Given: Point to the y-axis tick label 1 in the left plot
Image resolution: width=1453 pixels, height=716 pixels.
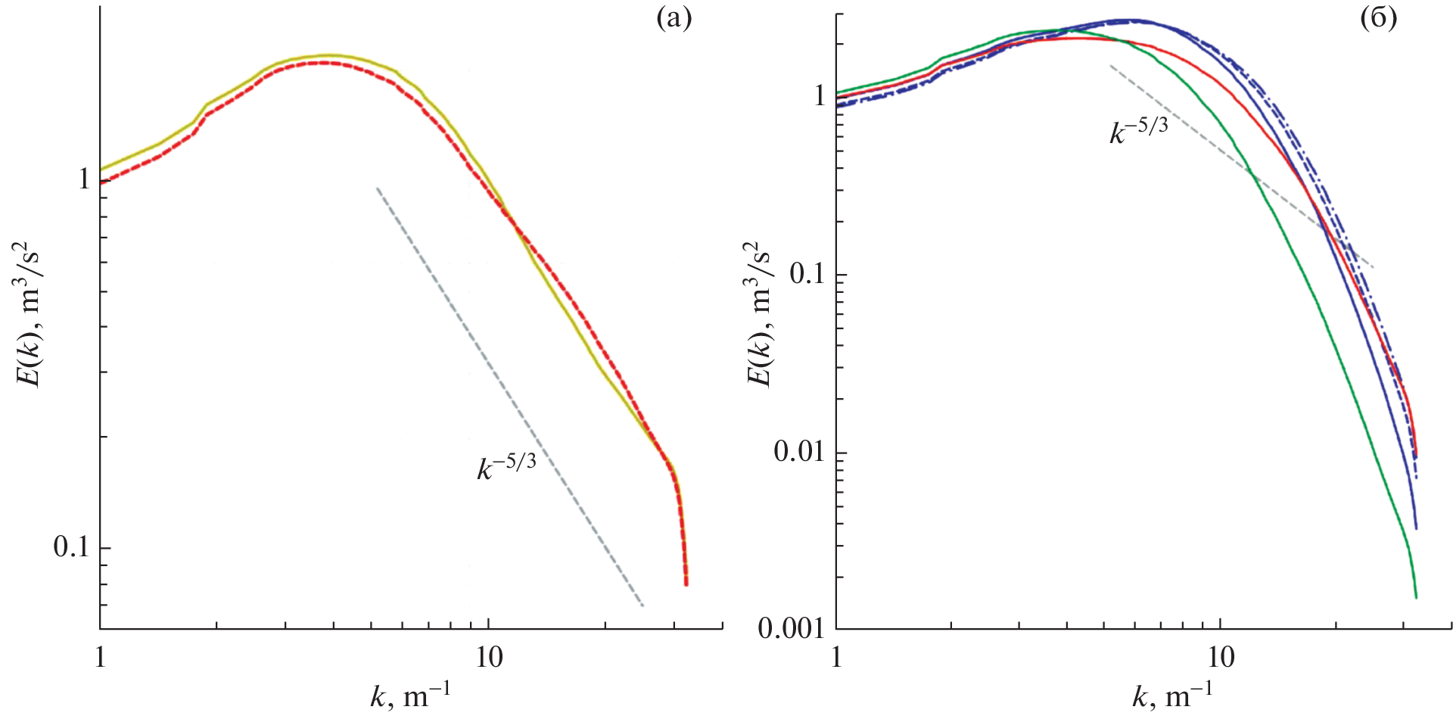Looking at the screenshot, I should [84, 180].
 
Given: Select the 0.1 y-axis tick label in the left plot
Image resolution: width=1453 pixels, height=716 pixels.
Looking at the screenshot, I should [71, 547].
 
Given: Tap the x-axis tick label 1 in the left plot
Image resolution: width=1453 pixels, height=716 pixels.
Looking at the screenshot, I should [100, 657].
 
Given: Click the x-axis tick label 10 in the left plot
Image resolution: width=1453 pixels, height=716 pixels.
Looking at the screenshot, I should [489, 657].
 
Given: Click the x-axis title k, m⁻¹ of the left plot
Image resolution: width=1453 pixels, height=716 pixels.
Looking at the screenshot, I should [409, 693].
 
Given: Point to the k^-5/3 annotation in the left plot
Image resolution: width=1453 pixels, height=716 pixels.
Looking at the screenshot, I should [506, 465].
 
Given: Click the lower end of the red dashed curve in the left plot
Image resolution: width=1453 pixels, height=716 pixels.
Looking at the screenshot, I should [686, 584].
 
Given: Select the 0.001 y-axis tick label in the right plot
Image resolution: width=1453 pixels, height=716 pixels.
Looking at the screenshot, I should [790, 628].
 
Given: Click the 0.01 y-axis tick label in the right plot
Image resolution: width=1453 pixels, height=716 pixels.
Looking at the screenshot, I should [798, 452].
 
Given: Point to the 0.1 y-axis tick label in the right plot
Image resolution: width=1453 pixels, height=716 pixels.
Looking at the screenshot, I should [806, 273].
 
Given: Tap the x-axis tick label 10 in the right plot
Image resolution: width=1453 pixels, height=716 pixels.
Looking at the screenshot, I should [1221, 657].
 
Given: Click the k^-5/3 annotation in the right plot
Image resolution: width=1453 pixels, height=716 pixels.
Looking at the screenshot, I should [1138, 129].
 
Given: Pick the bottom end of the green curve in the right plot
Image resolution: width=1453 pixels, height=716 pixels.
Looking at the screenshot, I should [1415, 597].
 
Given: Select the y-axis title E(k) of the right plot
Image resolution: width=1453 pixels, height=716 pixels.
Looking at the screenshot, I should [761, 314].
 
